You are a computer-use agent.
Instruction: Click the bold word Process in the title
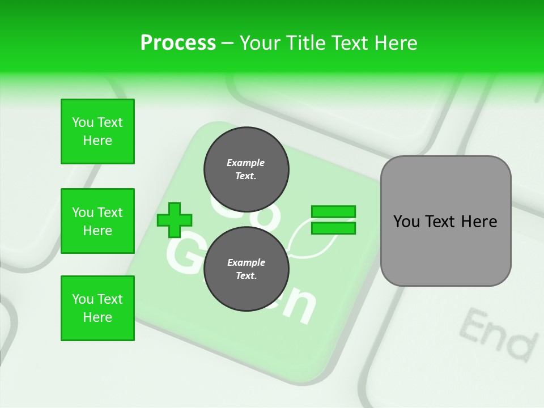178,43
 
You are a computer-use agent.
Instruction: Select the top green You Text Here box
97,131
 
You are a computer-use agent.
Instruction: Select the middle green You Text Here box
97,221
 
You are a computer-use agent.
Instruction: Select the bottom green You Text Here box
97,308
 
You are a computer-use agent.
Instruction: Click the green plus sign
175,220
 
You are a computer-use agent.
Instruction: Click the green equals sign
333,220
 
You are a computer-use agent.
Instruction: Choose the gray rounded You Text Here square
445,221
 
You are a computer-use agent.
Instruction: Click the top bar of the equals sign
333,212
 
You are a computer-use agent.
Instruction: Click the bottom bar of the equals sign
333,228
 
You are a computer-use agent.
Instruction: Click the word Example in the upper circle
246,163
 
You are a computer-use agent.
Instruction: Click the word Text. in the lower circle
246,276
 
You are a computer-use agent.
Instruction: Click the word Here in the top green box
97,141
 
